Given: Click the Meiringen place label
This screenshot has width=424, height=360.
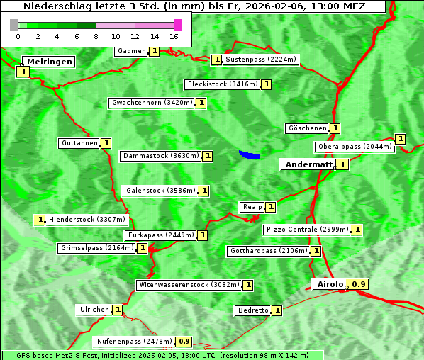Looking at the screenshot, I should coord(49,62).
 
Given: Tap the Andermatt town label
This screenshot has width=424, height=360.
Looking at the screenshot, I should coord(308,164).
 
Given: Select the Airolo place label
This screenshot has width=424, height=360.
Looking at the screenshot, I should coord(330,284).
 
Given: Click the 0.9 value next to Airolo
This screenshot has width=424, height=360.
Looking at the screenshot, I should coord(359,284).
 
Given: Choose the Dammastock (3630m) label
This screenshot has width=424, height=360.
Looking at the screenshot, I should coord(160,156).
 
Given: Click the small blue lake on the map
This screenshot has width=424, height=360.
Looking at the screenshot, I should coord(250,154).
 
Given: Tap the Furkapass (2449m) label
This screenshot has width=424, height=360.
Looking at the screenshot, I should coord(160,235).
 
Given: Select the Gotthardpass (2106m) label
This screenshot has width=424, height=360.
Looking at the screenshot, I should coord(268,251).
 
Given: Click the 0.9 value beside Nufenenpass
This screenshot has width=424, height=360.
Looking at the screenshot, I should coord(184,342).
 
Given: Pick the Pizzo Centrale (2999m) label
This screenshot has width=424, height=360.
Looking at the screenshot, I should coord(307,230).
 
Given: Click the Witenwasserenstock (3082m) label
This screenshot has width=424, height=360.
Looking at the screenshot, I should coord(189,285).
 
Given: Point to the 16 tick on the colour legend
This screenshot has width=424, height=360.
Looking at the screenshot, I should coord(174,35).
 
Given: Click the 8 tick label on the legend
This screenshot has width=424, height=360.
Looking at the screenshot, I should coord(96,35).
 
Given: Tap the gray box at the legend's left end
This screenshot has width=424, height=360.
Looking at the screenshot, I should coord(14,25).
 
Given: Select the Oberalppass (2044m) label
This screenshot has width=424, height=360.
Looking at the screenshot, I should coord(354,147).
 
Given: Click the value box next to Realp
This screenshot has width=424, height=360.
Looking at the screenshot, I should coord(270,207).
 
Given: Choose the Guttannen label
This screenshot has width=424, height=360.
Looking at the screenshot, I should coord(79,143).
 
